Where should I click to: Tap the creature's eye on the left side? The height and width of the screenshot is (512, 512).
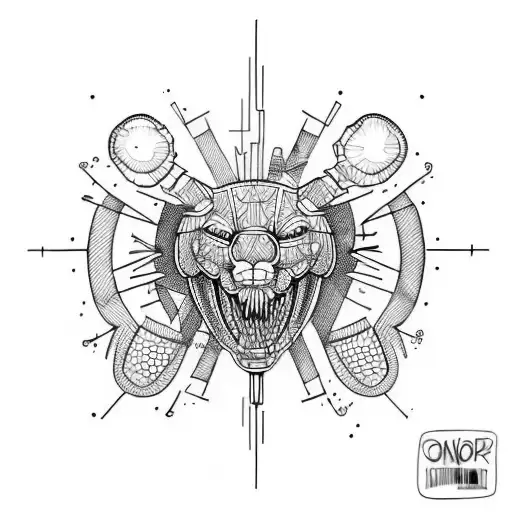point(219,233)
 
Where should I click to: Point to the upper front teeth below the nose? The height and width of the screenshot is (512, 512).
point(257,272)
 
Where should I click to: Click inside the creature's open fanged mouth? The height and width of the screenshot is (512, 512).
point(257,305)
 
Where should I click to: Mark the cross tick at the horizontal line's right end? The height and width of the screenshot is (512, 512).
point(470,248)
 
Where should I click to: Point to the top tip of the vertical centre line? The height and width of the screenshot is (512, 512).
point(256,22)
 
